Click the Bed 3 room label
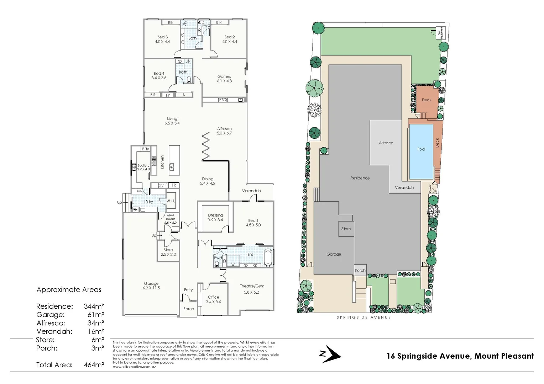click(x=162, y=37)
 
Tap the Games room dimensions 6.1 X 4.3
click(x=224, y=81)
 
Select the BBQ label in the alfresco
click(x=223, y=100)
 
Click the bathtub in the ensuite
click(x=268, y=258)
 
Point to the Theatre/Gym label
click(x=252, y=286)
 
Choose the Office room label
click(x=213, y=297)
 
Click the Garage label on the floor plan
click(x=151, y=283)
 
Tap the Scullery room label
click(x=143, y=165)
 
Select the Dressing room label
click(x=215, y=215)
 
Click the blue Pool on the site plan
click(x=421, y=151)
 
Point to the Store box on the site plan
click(x=346, y=229)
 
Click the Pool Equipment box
click(x=441, y=33)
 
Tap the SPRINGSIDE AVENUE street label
click(x=363, y=317)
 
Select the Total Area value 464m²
click(x=94, y=365)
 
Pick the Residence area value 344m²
click(x=94, y=306)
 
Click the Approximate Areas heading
click(x=69, y=290)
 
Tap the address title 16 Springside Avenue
click(x=460, y=356)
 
